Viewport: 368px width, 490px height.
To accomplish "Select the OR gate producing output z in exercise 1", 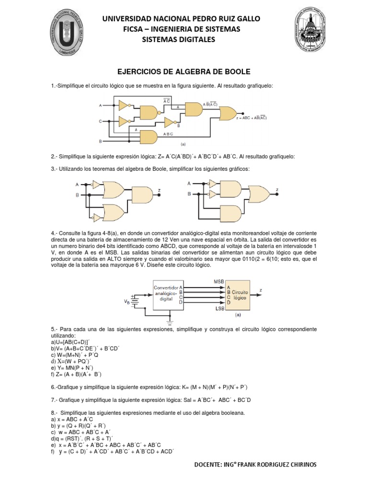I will click(x=227, y=113).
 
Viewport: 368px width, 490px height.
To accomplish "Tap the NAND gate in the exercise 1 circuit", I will click(x=149, y=113).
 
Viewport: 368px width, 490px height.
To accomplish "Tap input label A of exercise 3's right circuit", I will click(x=189, y=183).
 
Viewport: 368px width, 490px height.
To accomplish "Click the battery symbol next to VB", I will click(x=136, y=300).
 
